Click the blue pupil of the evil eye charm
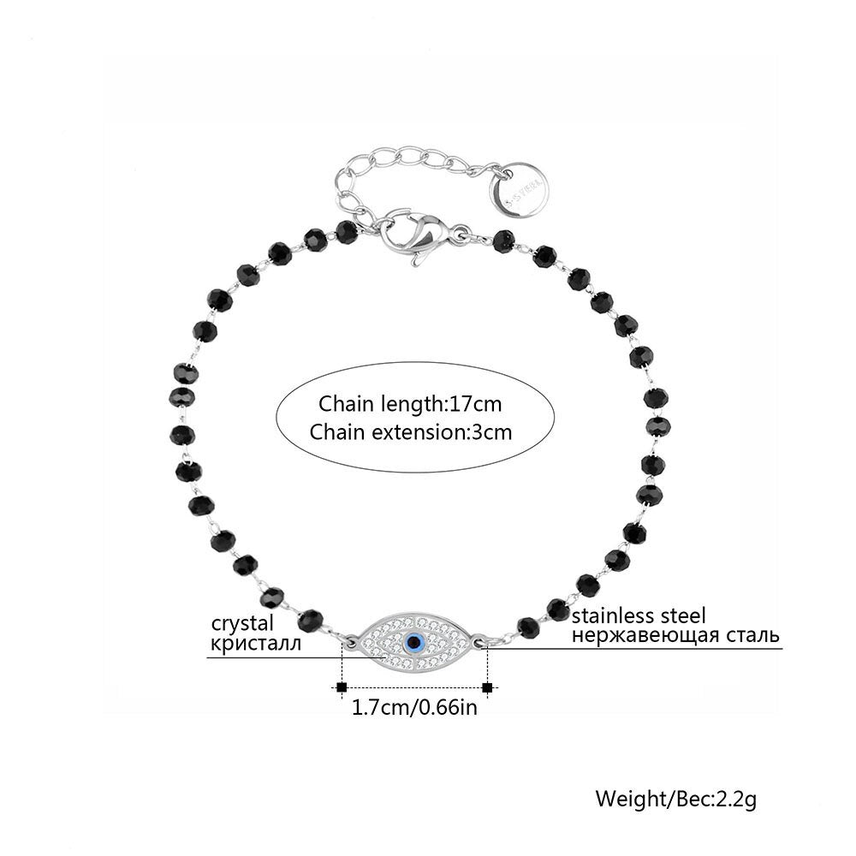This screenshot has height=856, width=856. tap(415, 641)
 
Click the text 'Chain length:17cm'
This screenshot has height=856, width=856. tap(410, 402)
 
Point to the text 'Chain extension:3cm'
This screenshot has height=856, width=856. tap(411, 431)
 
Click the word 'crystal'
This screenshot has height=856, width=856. tap(243, 622)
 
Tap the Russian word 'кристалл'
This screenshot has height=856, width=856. tap(253, 643)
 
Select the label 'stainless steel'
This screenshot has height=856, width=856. tap(639, 615)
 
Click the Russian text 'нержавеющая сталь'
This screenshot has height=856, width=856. tap(675, 635)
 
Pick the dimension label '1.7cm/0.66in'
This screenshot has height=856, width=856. tap(413, 708)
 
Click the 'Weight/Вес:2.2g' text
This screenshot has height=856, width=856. tap(676, 800)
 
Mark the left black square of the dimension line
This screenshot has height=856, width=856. tap(342, 687)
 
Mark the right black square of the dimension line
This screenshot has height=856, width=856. tap(488, 687)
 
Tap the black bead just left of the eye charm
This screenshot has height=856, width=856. tap(311, 617)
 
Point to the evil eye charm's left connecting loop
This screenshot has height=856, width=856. tap(349, 639)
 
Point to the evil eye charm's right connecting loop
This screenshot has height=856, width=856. tap(481, 640)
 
